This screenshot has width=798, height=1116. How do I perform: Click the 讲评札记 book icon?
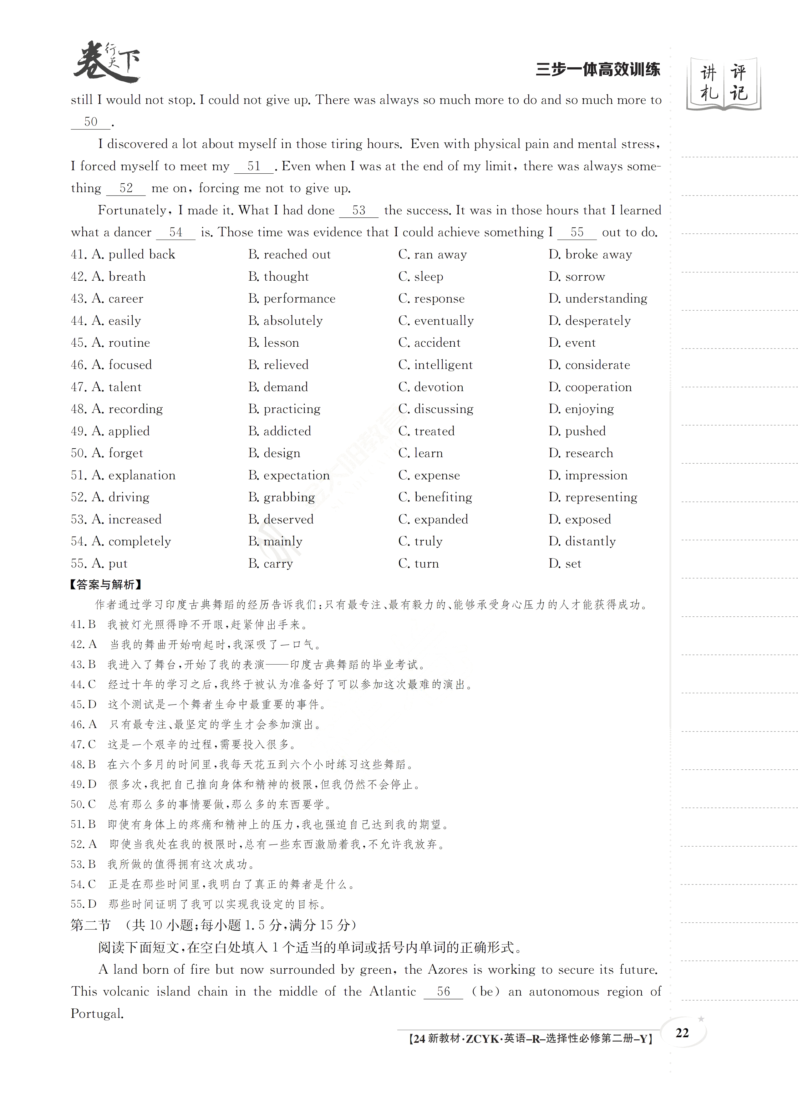coord(723,84)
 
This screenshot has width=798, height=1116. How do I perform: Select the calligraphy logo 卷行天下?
coord(107,62)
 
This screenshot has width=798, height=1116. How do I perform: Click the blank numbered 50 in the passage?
coord(91,122)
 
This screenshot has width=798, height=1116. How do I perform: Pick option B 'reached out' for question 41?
coord(289,255)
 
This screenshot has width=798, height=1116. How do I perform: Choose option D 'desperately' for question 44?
coord(590,321)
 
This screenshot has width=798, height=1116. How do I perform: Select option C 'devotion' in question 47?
coord(431,387)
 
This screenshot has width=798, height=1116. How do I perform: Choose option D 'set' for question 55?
coord(565,564)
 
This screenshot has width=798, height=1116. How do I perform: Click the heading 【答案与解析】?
coord(106,584)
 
